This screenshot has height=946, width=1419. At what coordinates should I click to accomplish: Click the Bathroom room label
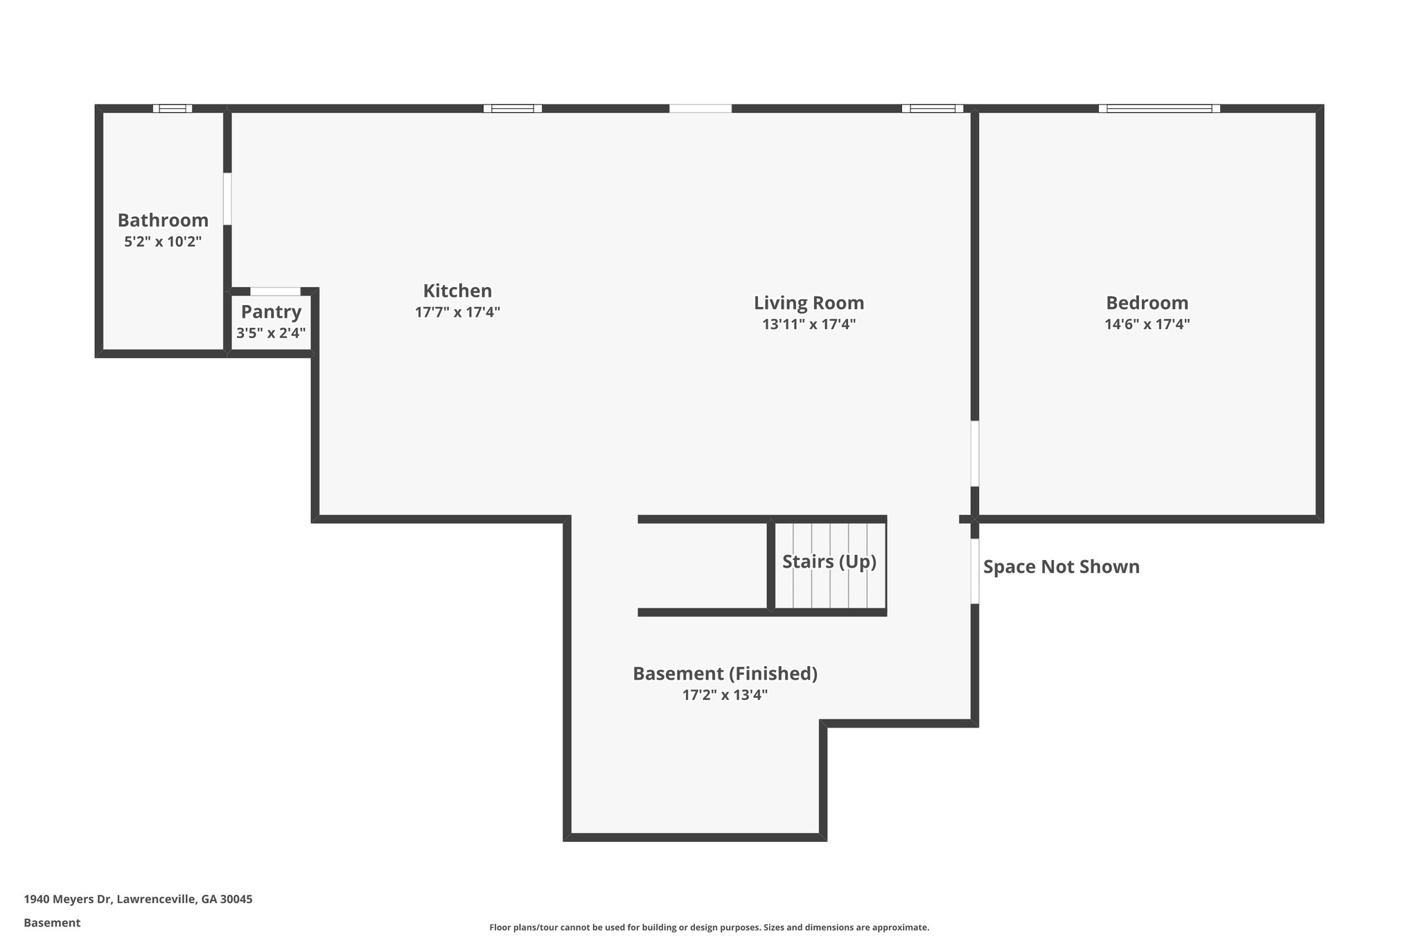[163, 220]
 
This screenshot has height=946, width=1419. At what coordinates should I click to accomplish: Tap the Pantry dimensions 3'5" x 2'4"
[271, 333]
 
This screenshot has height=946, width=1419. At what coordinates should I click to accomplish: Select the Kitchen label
[457, 290]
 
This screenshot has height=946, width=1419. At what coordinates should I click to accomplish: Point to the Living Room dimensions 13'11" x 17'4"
[809, 324]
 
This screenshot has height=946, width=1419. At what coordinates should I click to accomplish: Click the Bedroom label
[1147, 303]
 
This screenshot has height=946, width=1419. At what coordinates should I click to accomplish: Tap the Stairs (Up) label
[829, 561]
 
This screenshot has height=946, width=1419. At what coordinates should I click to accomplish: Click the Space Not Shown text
[1061, 567]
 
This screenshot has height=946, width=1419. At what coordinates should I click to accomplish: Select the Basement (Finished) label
[725, 674]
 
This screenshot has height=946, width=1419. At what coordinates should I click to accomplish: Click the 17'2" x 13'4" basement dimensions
[725, 695]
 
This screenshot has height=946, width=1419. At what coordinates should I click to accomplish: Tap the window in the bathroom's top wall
[173, 108]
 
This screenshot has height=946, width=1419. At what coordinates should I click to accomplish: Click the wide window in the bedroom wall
[1159, 108]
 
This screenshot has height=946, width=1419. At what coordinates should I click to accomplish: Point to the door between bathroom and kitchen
[227, 199]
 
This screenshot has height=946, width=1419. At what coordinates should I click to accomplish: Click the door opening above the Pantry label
[275, 292]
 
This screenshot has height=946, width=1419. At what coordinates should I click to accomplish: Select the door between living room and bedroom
[974, 453]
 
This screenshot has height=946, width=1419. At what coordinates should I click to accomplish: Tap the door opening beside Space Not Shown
[974, 571]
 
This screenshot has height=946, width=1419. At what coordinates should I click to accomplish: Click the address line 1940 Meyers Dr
[138, 900]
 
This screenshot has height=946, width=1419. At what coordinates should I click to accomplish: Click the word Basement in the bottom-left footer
[52, 923]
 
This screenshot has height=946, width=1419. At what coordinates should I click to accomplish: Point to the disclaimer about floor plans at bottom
[709, 927]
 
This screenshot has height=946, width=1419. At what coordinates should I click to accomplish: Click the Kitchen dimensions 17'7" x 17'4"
[457, 313]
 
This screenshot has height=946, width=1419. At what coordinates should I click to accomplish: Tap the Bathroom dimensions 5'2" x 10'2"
[163, 242]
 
